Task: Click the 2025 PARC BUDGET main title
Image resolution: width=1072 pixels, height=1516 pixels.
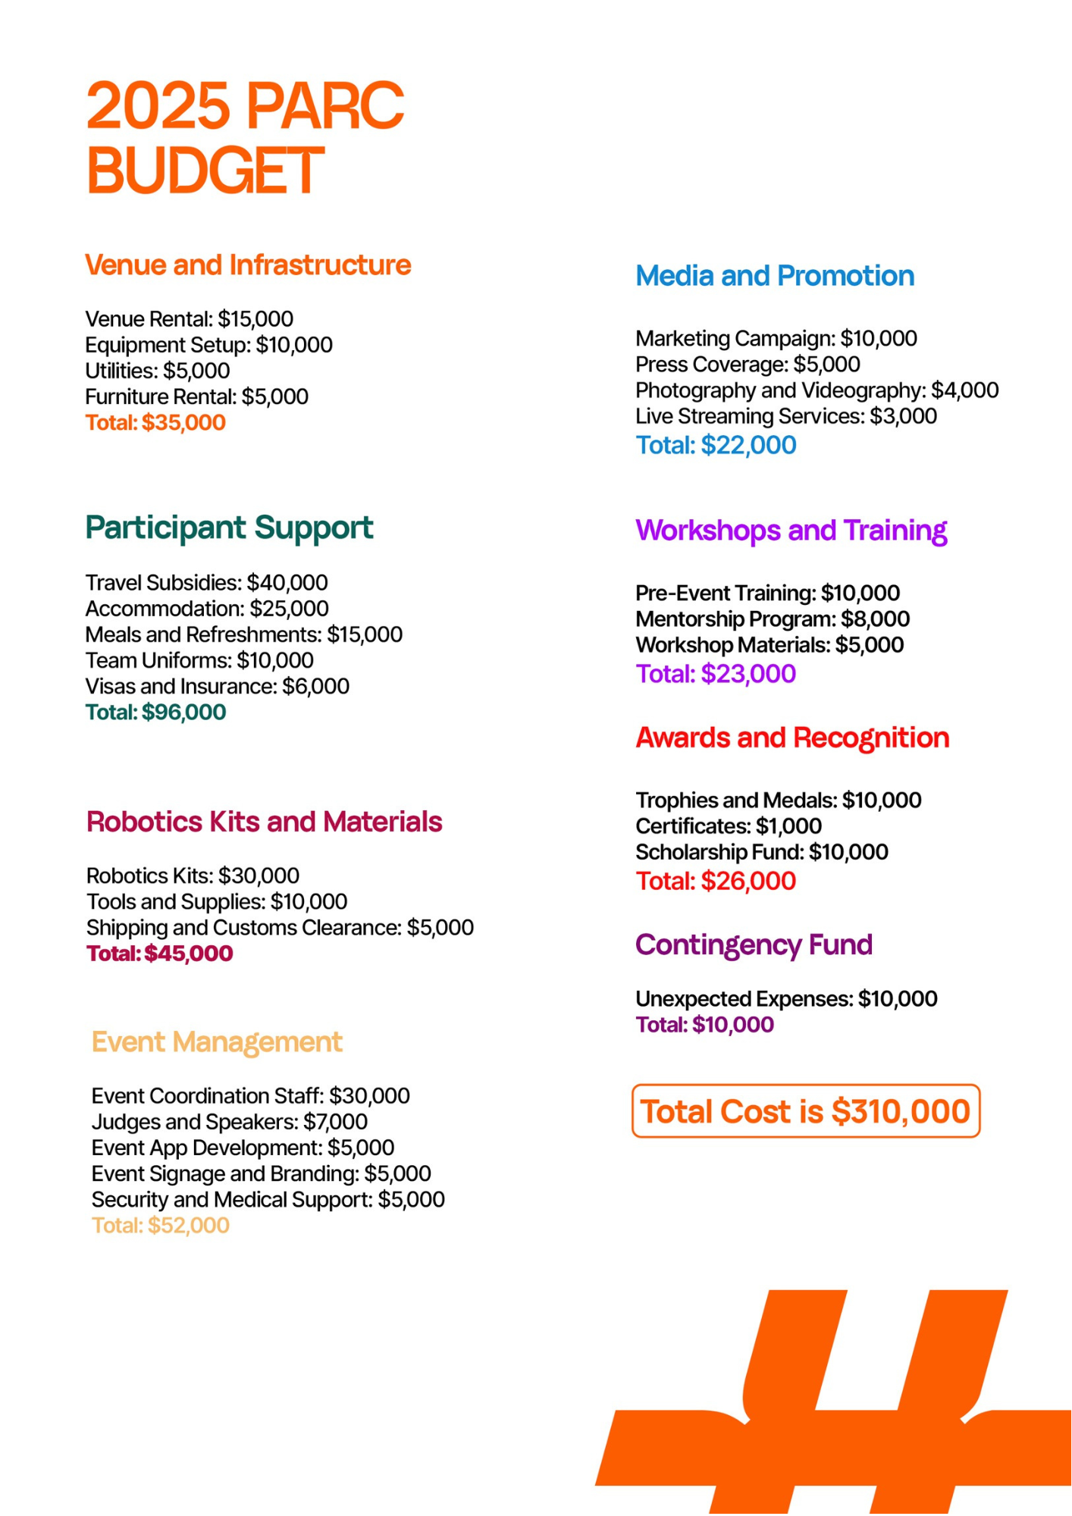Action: (x=244, y=136)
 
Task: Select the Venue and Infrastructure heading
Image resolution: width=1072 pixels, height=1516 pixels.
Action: (x=247, y=265)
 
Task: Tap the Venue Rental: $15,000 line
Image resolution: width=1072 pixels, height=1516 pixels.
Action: (x=189, y=318)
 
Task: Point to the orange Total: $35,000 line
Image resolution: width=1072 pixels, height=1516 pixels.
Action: (x=155, y=422)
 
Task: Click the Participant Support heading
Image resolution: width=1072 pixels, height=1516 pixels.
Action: (x=228, y=527)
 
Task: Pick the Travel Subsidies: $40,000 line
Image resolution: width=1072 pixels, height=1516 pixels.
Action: (x=206, y=582)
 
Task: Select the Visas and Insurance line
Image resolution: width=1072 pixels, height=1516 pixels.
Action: (x=217, y=686)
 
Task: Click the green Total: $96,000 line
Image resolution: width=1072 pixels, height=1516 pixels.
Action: (x=155, y=712)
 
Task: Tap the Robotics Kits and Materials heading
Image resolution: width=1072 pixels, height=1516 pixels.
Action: (x=264, y=821)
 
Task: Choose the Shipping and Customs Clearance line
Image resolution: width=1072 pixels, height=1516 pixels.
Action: (x=280, y=927)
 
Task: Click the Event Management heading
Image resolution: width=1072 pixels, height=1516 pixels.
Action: (x=217, y=1041)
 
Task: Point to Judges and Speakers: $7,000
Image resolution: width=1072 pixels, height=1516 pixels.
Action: (x=229, y=1121)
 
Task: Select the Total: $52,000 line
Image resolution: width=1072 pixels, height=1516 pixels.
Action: (x=160, y=1225)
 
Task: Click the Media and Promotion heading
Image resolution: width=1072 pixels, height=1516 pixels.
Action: (x=774, y=275)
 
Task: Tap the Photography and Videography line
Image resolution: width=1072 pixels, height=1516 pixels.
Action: (x=817, y=390)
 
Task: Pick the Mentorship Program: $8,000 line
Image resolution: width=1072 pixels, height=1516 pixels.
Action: (x=772, y=619)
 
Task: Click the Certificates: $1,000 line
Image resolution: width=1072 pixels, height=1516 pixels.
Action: (x=728, y=825)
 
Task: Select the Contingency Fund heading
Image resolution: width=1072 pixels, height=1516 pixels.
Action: (x=754, y=944)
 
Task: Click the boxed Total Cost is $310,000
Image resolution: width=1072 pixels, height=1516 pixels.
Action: (x=805, y=1111)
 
